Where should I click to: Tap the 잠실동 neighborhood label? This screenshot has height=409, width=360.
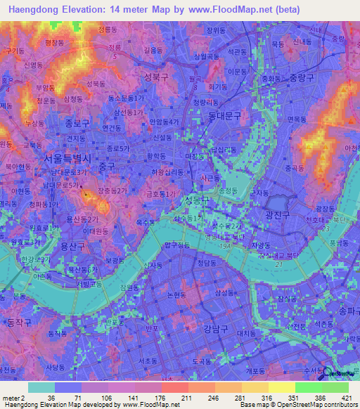(290, 299)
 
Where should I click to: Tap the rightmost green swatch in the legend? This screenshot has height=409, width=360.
(335, 387)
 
